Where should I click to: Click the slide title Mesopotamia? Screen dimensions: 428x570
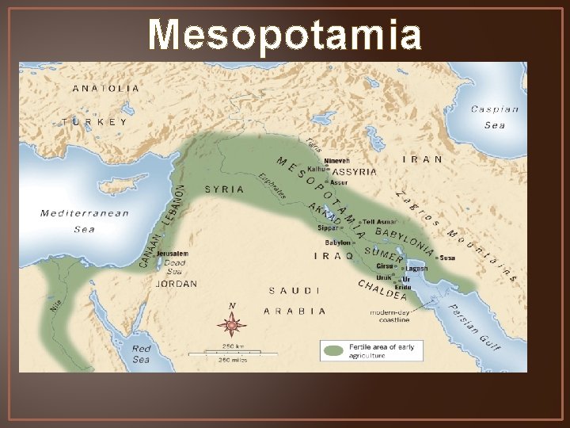284,35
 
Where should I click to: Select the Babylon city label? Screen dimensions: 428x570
336,243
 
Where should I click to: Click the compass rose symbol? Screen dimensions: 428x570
232,323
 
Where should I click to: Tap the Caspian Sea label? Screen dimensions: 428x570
495,117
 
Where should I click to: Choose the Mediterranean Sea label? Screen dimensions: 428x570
85,221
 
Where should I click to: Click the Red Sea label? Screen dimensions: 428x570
141,353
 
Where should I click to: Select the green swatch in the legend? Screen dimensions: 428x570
334,350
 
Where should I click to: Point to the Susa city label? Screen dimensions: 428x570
447,258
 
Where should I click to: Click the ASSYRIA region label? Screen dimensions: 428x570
354,171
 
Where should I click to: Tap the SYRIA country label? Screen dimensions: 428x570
224,189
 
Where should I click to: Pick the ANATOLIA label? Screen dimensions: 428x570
106,88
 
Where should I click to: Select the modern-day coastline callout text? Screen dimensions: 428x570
389,316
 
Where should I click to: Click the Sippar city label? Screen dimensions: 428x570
328,227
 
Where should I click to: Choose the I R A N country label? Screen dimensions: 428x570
423,159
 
